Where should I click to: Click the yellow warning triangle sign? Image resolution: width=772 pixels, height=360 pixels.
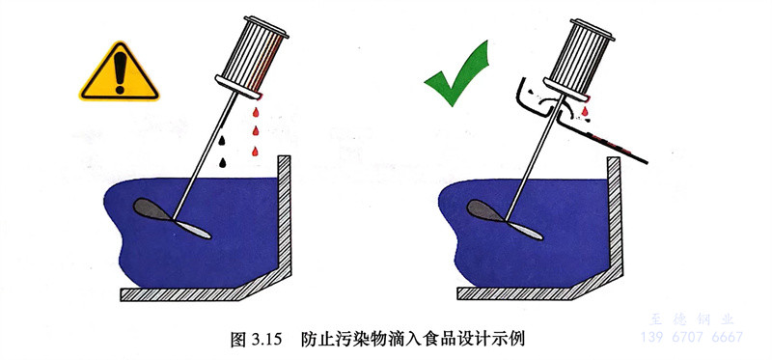119,74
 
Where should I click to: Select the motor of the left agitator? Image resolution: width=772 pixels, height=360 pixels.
252,57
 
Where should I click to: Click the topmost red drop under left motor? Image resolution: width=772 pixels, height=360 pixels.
256,112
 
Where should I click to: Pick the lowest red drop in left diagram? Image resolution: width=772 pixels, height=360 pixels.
255,152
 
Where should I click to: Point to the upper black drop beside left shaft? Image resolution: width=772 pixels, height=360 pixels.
222,140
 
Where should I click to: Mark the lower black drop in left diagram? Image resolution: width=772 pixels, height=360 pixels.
223,162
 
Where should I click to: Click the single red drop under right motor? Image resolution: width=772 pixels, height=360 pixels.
585,111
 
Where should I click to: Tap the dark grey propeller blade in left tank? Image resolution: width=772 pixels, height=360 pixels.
152,209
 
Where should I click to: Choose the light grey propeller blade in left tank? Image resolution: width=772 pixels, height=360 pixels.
192,229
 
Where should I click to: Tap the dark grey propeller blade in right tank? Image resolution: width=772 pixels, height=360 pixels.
485,210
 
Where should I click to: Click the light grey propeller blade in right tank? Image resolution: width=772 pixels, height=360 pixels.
525,230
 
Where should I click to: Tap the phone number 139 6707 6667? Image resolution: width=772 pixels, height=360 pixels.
692,338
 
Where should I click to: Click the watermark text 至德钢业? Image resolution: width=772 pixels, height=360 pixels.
692,319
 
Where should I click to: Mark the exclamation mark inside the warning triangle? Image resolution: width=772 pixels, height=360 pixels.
120,72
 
